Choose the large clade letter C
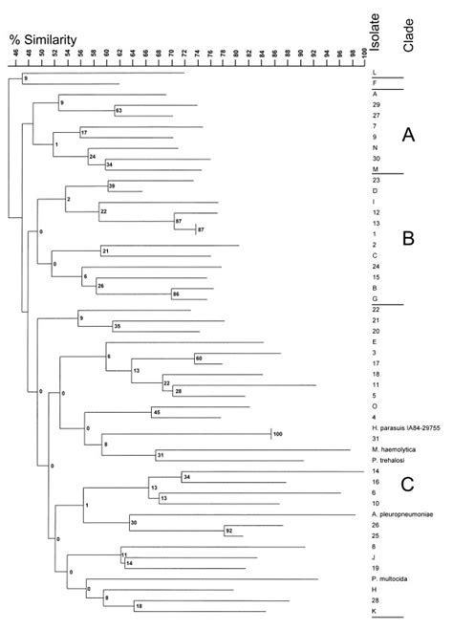pos(408,484)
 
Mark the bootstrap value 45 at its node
pos(156,412)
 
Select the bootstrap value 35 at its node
pos(117,326)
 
